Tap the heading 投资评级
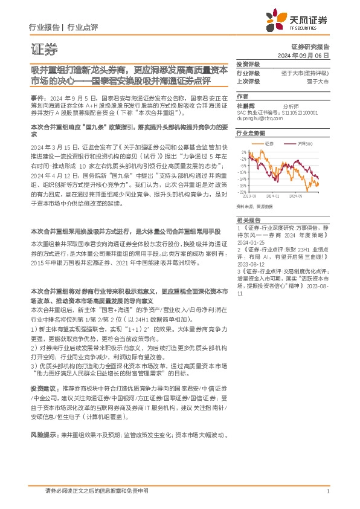click(248, 63)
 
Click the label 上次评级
click(248, 81)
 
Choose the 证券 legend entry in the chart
click(270, 143)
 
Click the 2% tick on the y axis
click(243, 151)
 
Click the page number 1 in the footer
click(327, 491)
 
